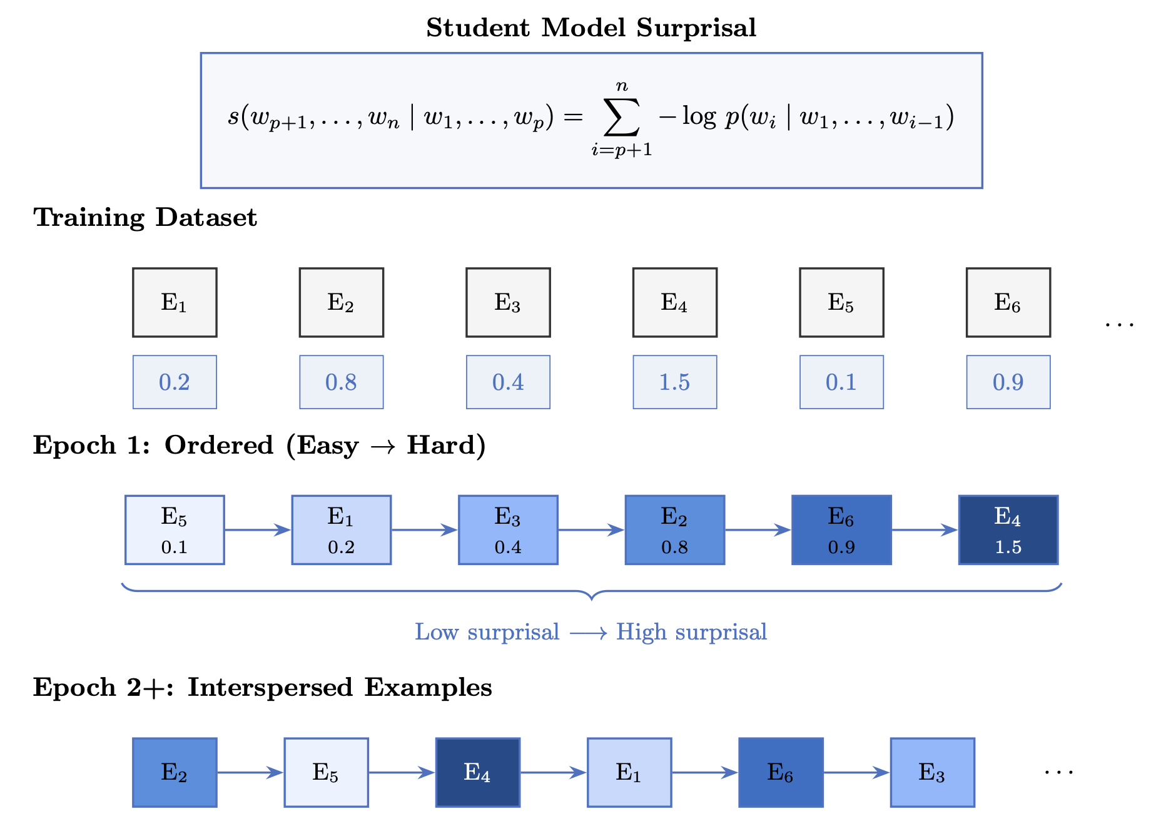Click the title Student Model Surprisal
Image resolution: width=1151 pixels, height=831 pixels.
591,28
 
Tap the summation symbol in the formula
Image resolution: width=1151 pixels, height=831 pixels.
621,118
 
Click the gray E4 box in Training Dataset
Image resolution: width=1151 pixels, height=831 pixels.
674,303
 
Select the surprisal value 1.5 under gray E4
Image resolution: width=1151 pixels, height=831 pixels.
674,382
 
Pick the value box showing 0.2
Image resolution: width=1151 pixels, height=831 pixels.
175,382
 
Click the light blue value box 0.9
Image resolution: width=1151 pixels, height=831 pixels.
1008,382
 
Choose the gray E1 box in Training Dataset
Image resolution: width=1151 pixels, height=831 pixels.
175,303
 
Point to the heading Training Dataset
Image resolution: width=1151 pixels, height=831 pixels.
145,218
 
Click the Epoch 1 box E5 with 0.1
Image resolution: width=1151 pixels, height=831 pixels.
175,530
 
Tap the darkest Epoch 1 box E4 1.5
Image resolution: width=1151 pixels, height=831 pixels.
1008,530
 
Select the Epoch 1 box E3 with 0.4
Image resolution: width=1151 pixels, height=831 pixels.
508,530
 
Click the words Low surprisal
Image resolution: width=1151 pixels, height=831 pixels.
487,632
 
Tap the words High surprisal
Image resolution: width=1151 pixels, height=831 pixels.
691,632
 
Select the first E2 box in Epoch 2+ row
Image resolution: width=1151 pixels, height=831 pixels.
175,772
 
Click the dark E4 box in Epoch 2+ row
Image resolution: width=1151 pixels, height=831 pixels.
478,772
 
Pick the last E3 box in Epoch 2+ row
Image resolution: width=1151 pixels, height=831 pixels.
932,772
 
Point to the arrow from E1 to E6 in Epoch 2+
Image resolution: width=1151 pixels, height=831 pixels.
705,772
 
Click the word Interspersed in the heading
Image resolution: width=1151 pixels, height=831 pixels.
270,688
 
